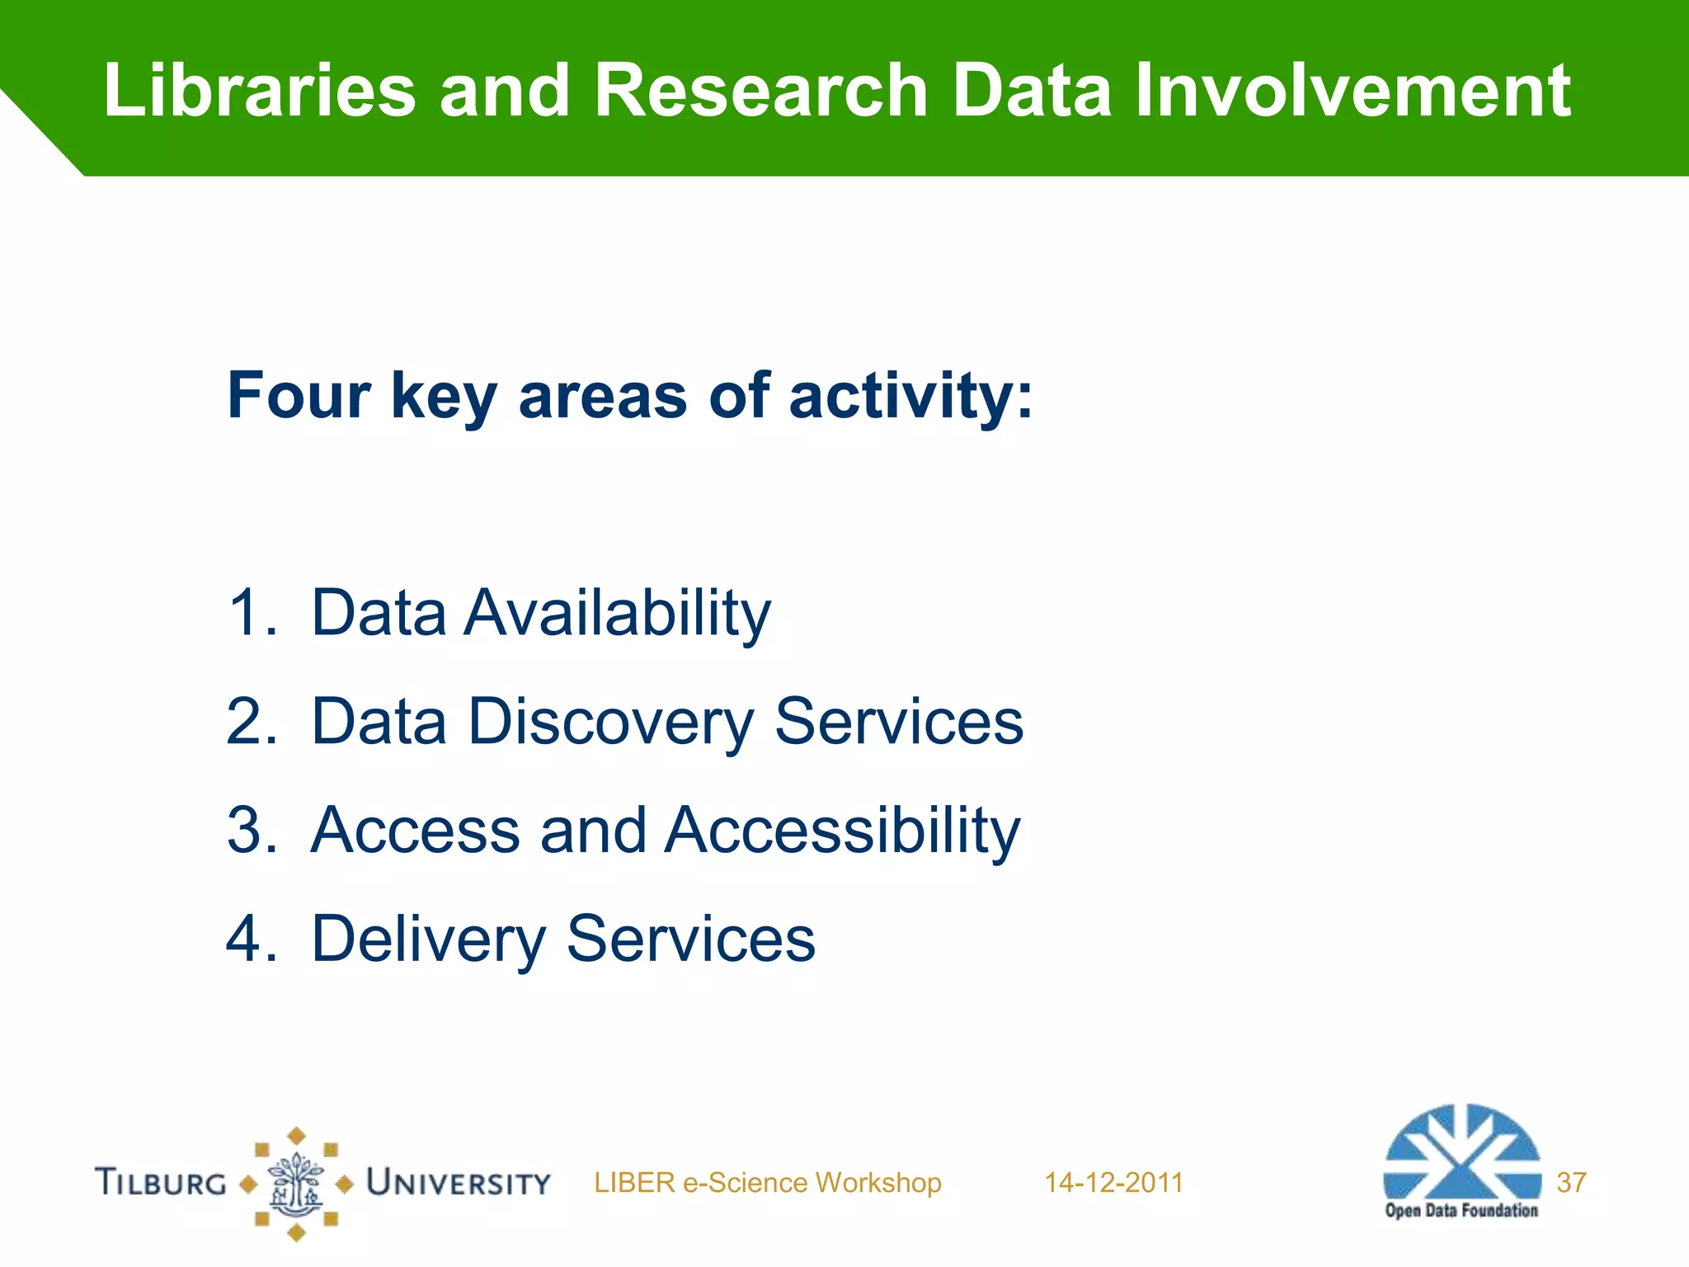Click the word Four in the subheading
299,396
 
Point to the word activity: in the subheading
910,398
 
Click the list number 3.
250,830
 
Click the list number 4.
250,939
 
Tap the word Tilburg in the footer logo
161,1182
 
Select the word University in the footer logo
459,1183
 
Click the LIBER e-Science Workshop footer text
767,1183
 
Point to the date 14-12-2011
1113,1183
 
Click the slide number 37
1571,1183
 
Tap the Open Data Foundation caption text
1461,1211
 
